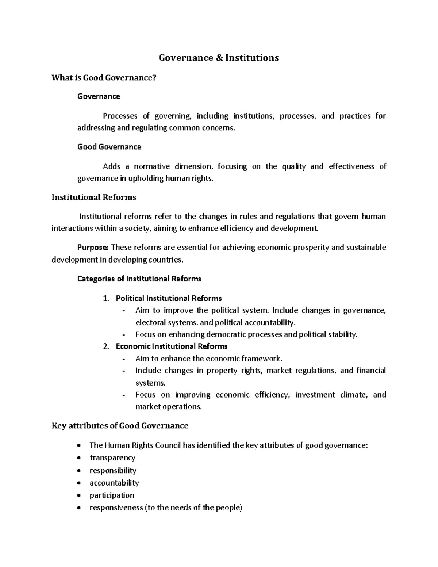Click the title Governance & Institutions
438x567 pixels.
point(219,58)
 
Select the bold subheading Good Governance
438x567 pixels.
point(109,147)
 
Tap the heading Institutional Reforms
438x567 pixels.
point(94,197)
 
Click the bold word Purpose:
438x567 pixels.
point(93,248)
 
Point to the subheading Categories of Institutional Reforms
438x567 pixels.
point(139,279)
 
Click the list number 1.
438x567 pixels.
point(106,299)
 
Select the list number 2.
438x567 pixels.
point(106,346)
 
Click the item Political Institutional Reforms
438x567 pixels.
point(169,299)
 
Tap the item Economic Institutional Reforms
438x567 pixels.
point(172,346)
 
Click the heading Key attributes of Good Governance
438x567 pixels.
point(120,426)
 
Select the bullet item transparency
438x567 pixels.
point(112,458)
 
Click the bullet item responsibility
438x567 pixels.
point(113,471)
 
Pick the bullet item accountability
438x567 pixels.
point(114,483)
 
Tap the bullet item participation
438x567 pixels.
point(112,495)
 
